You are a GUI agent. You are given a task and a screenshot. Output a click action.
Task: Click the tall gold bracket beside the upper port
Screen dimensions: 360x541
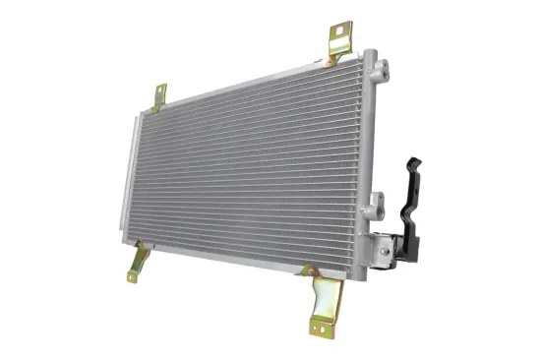[x=340, y=43]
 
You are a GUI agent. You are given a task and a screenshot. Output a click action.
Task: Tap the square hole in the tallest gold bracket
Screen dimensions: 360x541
[x=340, y=33]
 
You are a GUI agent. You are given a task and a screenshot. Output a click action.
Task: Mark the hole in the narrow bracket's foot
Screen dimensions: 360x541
[x=133, y=276]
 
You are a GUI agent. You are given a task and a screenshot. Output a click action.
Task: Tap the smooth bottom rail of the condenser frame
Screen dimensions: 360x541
[x=236, y=259]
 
